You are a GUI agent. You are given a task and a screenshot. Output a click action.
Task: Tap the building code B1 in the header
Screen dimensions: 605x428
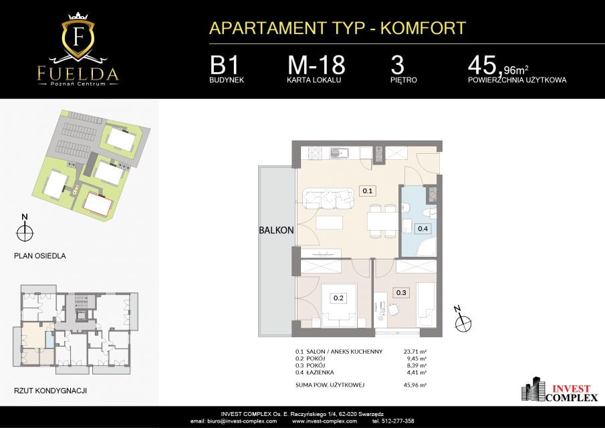click(x=224, y=66)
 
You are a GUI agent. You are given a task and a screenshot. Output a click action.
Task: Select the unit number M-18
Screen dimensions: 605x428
click(x=316, y=66)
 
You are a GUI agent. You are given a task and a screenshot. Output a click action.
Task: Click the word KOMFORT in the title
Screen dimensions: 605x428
click(x=423, y=29)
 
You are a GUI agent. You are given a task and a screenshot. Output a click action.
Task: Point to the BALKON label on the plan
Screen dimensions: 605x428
click(x=276, y=231)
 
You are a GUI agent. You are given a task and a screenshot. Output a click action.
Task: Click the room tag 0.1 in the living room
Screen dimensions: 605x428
click(x=367, y=191)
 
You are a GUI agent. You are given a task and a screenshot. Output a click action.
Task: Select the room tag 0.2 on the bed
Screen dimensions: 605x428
click(x=338, y=298)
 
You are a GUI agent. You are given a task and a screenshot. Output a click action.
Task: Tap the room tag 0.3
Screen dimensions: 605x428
click(x=401, y=292)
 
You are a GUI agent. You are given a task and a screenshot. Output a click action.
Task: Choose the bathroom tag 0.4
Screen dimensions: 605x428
click(x=423, y=229)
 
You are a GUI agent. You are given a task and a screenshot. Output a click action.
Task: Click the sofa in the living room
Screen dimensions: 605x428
click(x=328, y=198)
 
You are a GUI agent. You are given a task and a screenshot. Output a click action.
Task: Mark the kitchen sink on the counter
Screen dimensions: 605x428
click(x=340, y=153)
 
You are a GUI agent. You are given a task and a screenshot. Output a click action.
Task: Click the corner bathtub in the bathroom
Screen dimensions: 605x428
click(x=426, y=247)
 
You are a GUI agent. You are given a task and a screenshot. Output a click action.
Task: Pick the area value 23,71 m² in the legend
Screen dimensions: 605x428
click(x=414, y=352)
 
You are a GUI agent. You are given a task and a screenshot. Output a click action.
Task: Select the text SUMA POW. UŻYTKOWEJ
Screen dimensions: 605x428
click(x=330, y=385)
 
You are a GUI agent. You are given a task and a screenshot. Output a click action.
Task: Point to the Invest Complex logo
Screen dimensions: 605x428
click(x=560, y=389)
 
